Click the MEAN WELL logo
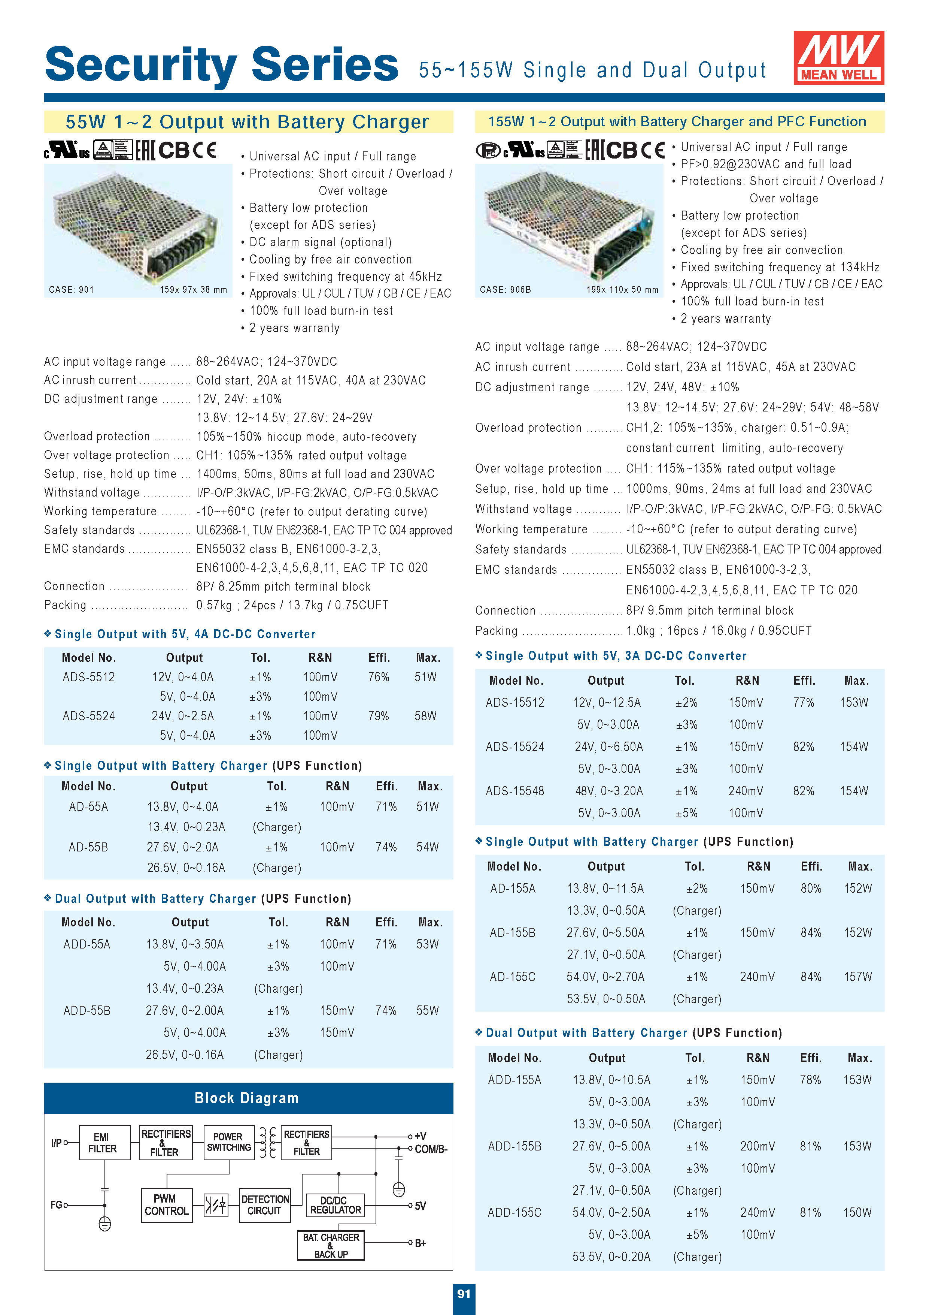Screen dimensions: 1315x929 (838, 58)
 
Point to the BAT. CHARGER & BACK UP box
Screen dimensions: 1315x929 (331, 1245)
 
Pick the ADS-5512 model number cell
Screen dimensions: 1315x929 (89, 677)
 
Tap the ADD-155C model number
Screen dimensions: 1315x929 (514, 1212)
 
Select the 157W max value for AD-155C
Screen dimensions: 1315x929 (857, 977)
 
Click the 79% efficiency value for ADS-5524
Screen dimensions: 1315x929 (378, 716)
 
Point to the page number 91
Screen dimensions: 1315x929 (464, 1293)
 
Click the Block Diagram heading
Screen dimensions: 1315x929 (247, 1098)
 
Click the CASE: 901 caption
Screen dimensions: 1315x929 (72, 290)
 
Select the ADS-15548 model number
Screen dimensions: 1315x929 (514, 791)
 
